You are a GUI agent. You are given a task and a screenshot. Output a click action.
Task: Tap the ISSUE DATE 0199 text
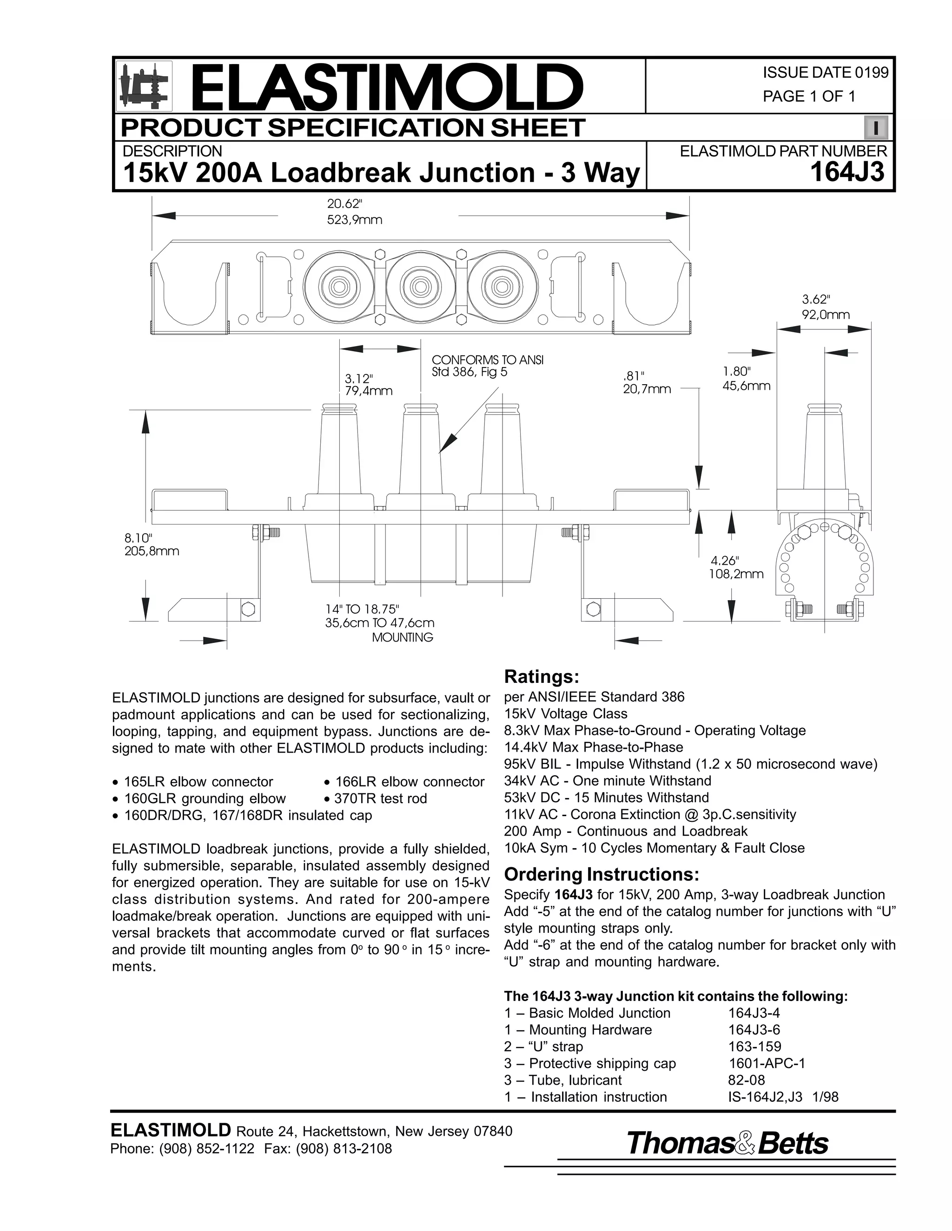pos(825,73)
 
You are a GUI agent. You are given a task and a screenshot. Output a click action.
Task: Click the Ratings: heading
pos(542,676)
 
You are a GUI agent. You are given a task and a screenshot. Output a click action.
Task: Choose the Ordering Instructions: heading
pos(601,874)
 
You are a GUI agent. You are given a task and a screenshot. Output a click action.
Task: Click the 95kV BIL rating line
pos(690,764)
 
